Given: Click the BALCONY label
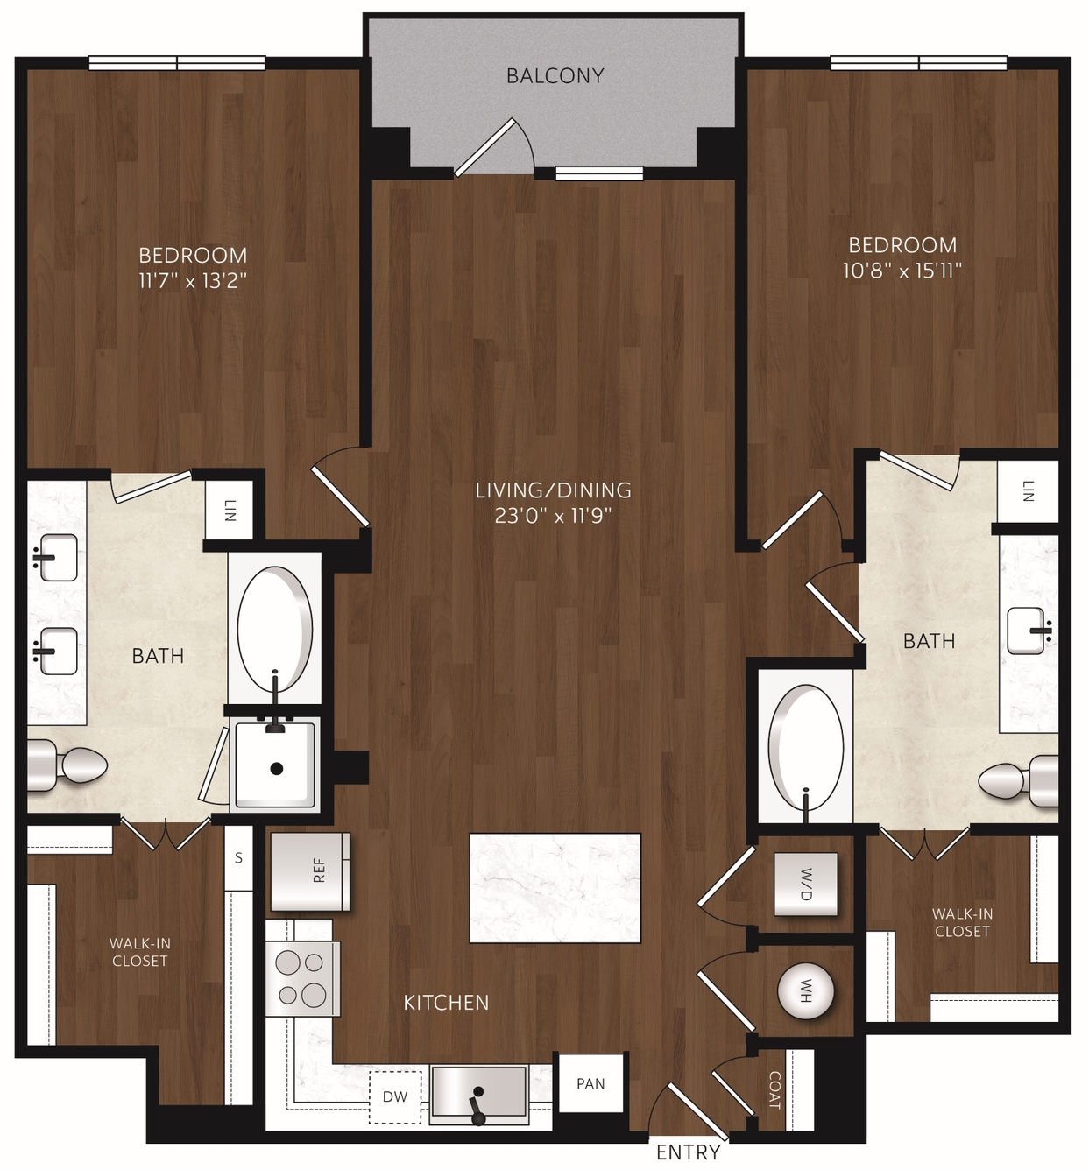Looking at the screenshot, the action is click(x=555, y=76).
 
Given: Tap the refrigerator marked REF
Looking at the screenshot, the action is click(x=310, y=871).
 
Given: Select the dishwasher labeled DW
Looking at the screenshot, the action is click(x=395, y=1096).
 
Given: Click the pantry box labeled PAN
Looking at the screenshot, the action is click(x=590, y=1083).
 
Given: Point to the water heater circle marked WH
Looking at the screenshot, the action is click(x=806, y=991).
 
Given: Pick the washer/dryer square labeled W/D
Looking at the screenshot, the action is click(x=806, y=884).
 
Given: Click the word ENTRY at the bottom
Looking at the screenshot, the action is click(x=688, y=1152).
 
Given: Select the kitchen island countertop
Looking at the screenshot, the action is click(x=555, y=888).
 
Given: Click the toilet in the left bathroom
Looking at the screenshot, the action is click(x=67, y=765).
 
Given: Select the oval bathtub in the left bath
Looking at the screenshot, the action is click(x=275, y=630).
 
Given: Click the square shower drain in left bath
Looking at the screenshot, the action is click(x=277, y=768).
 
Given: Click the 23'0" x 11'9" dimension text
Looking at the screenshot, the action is click(x=553, y=516).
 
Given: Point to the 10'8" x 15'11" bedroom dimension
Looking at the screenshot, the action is click(x=902, y=271).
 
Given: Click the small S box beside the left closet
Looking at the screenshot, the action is click(x=238, y=857).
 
